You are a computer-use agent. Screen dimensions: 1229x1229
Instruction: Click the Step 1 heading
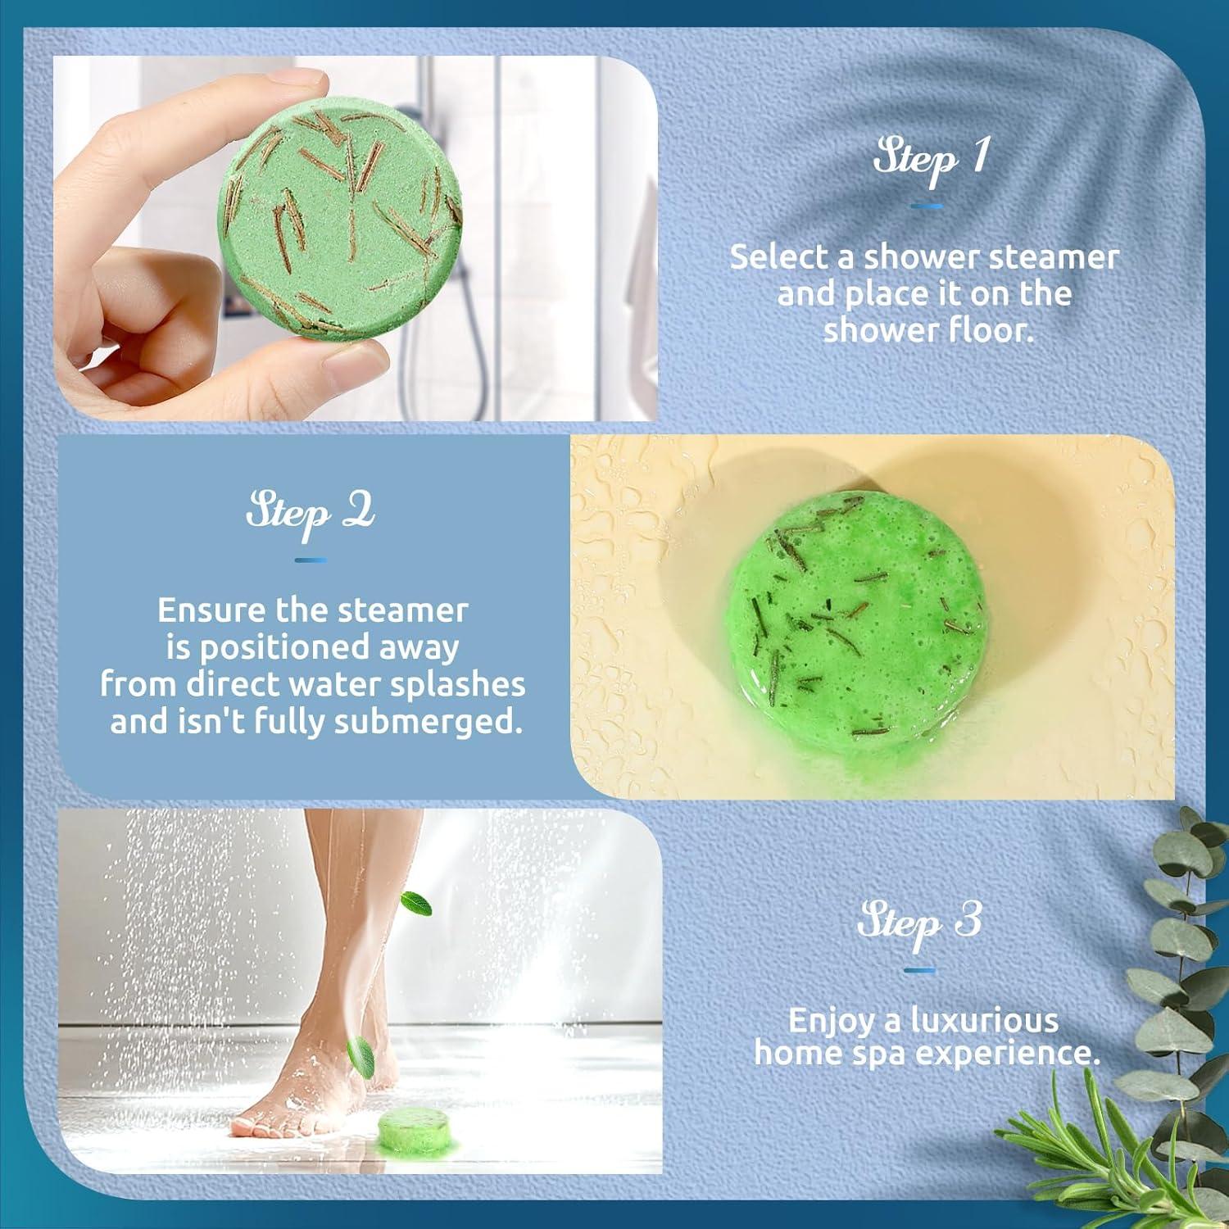click(930, 157)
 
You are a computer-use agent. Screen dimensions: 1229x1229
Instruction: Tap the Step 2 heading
click(311, 513)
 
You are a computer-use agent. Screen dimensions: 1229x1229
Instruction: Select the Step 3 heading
click(919, 921)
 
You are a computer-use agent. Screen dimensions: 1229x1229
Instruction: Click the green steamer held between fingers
click(340, 221)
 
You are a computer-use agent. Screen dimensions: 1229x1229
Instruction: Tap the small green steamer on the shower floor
click(416, 1131)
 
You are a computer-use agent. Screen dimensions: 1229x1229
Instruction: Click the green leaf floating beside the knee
click(416, 904)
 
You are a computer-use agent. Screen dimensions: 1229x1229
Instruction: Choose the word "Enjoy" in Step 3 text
click(830, 1021)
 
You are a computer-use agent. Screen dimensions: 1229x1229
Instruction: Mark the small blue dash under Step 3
click(919, 971)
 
